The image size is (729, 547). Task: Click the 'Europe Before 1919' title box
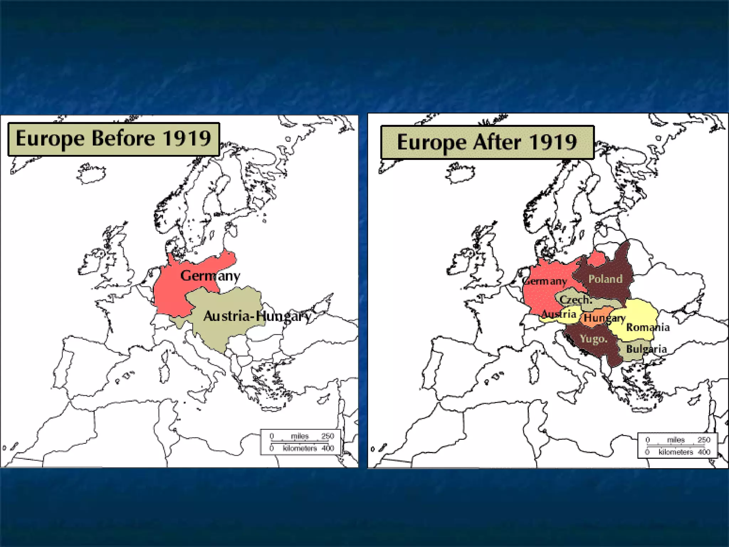coord(114,139)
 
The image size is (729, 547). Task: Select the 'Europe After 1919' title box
coord(487,142)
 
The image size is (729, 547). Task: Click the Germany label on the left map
coord(210,275)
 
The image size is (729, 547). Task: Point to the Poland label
coord(605,279)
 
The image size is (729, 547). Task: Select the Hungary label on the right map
coord(604,318)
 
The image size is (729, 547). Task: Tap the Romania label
coord(647,327)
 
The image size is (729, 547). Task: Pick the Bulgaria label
coord(646,349)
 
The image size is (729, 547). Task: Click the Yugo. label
coord(593,338)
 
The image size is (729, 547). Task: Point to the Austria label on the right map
coord(558,314)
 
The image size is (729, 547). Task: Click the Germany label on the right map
coord(546,281)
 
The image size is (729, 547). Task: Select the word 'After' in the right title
coord(497,142)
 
